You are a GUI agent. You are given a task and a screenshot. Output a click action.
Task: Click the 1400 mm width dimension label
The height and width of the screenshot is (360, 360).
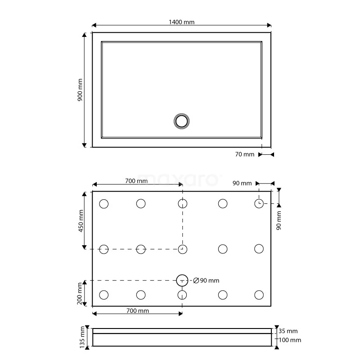(182, 22)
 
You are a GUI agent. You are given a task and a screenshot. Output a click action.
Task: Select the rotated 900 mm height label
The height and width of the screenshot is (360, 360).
(80, 90)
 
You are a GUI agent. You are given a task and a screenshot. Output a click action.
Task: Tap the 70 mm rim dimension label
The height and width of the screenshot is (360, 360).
(244, 154)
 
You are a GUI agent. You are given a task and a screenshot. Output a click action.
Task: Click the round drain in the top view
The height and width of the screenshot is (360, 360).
(182, 121)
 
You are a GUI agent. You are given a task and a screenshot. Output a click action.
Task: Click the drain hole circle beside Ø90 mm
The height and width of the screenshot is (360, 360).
(182, 280)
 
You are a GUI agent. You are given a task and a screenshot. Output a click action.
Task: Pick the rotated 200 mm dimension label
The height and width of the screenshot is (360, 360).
(80, 293)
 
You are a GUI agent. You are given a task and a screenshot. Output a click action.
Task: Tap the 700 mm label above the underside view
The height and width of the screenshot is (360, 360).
(136, 181)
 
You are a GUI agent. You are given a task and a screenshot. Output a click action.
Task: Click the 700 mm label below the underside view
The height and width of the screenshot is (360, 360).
(137, 311)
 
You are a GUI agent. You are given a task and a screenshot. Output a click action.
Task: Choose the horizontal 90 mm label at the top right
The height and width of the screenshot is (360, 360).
(242, 183)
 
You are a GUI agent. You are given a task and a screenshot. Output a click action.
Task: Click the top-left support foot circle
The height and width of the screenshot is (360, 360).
(103, 204)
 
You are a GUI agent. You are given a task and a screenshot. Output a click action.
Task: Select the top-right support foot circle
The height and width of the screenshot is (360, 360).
(259, 204)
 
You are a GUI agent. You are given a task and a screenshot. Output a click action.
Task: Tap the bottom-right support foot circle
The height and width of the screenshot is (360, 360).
(259, 295)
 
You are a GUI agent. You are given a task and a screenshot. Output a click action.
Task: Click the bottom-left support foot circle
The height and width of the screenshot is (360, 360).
(103, 295)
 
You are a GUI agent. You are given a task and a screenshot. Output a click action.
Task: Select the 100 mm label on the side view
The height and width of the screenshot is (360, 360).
(290, 340)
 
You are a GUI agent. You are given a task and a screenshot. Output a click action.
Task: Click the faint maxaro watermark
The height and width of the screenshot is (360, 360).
(180, 178)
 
